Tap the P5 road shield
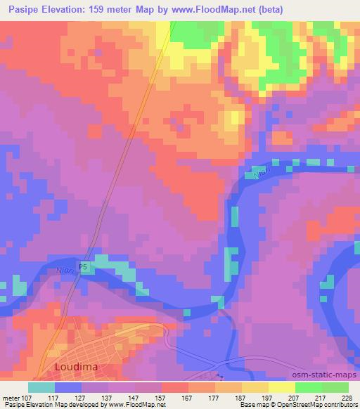(84, 268)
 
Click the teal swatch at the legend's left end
(41, 387)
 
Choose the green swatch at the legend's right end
(335, 387)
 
